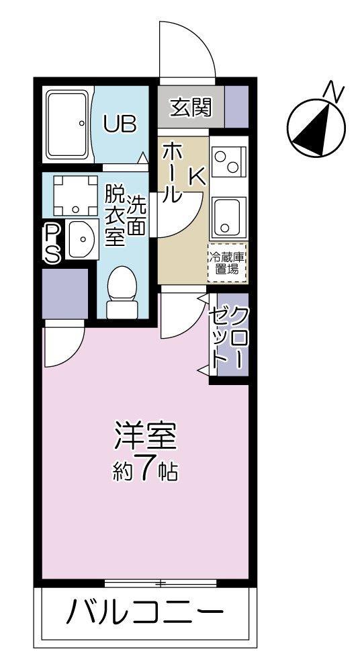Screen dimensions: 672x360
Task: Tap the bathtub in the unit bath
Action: coord(67,124)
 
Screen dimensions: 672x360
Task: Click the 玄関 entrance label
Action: coord(190,108)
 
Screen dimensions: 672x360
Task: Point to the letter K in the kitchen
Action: coord(196,175)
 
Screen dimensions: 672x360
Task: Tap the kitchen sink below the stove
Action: coord(228,213)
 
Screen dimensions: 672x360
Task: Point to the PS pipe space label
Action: coord(52,243)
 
